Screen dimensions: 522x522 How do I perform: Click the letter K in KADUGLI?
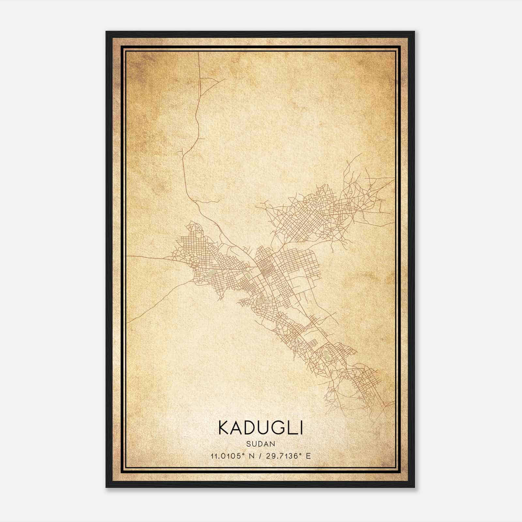click(224, 428)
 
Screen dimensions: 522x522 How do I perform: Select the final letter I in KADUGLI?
click(300, 428)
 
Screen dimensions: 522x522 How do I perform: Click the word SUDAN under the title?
click(261, 444)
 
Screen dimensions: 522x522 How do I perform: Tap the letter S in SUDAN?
click(249, 444)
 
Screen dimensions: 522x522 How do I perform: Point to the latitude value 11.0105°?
click(228, 456)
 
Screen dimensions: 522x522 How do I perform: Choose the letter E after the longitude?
click(308, 456)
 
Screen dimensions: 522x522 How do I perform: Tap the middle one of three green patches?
click(248, 277)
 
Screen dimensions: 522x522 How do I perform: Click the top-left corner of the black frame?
click(107, 32)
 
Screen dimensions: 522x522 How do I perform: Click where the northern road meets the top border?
click(199, 53)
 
